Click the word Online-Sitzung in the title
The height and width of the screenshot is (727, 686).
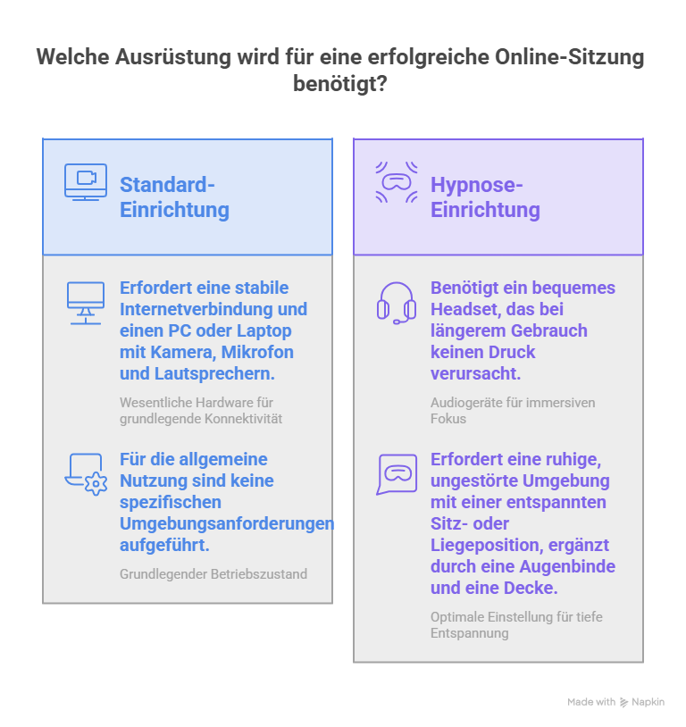[x=570, y=57]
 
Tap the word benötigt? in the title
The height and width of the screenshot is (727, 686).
[x=340, y=84]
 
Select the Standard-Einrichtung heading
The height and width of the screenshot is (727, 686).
[x=174, y=197]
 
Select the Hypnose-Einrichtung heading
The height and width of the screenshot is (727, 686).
[x=485, y=197]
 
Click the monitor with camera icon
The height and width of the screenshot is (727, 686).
[x=86, y=182]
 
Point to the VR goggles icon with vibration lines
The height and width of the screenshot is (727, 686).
[x=397, y=182]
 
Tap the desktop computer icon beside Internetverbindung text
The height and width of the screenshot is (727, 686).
[x=86, y=303]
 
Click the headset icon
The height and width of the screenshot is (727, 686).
[x=396, y=303]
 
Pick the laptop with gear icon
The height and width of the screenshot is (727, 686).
[x=86, y=474]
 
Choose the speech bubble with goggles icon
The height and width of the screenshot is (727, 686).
[x=397, y=474]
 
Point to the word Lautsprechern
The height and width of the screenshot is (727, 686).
[x=214, y=373]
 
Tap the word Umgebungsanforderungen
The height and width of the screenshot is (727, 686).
[x=227, y=524]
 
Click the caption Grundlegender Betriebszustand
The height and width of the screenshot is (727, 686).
[x=213, y=574]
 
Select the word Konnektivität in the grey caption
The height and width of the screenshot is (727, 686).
[x=243, y=419]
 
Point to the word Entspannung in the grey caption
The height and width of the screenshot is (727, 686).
[x=470, y=633]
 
